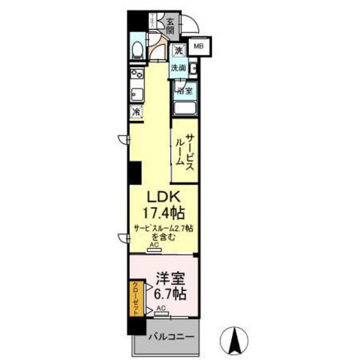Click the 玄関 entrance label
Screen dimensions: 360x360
click(x=170, y=25)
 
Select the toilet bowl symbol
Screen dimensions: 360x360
click(x=138, y=51)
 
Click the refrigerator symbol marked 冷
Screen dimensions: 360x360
click(x=136, y=112)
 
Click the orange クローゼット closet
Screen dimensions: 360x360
click(x=136, y=298)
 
